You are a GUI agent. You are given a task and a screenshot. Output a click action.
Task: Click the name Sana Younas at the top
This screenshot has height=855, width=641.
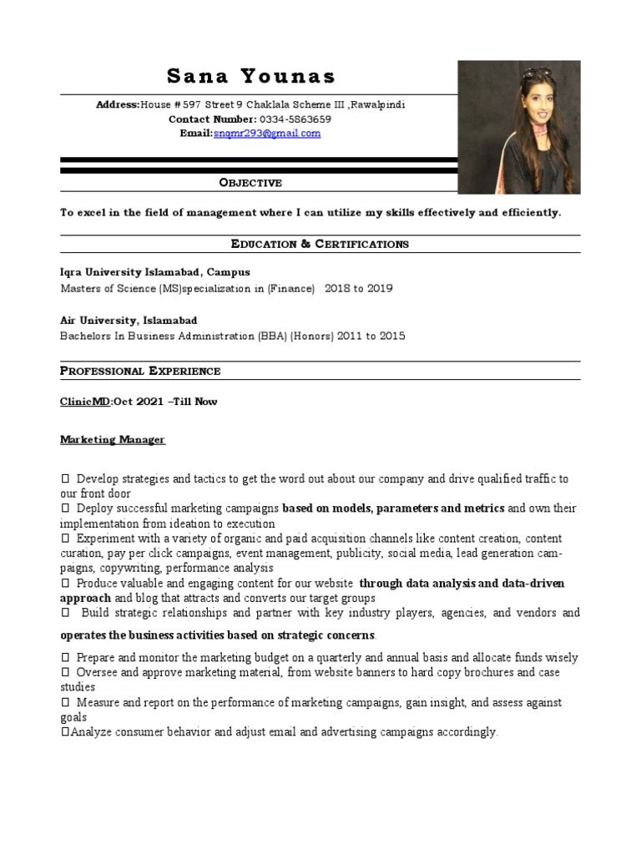251,77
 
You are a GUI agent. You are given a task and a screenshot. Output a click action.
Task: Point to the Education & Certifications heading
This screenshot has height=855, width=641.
320,244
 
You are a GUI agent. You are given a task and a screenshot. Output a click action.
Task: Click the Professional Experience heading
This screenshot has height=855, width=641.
140,371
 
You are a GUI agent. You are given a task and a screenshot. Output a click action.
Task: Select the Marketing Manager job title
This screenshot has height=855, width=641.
113,440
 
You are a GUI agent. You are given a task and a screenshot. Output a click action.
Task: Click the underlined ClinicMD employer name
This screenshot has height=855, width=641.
85,402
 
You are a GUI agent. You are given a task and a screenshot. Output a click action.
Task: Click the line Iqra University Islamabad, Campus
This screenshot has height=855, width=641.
154,272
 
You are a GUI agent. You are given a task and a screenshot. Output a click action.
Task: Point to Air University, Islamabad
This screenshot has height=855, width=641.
129,320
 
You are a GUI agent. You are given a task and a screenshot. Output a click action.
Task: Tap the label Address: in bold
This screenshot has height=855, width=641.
118,105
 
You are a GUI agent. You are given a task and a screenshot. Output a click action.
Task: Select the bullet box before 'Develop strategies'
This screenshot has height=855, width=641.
65,479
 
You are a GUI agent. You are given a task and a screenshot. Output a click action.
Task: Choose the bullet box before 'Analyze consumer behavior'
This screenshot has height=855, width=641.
65,732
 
